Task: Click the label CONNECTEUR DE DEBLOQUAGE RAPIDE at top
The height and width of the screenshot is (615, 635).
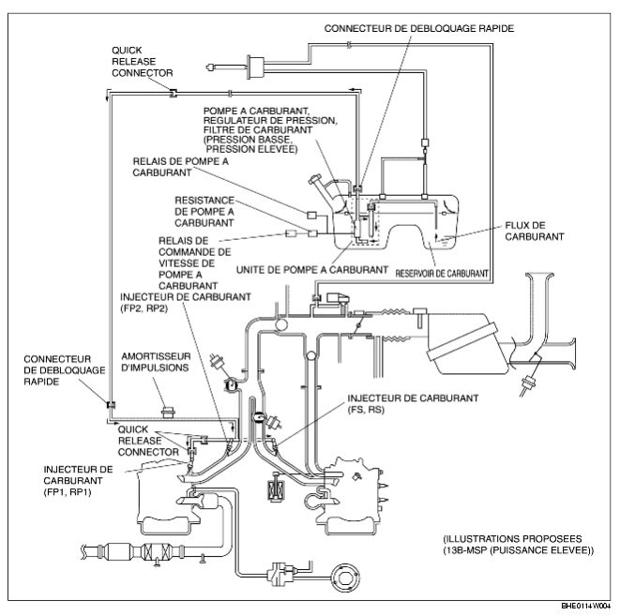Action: [x=419, y=29]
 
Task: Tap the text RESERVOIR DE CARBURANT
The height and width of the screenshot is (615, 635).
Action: [x=442, y=274]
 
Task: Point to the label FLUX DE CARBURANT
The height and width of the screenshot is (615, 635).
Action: [x=534, y=232]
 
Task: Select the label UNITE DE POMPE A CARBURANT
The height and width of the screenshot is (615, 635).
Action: [x=311, y=270]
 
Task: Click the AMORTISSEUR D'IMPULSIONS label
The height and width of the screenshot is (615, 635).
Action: [x=156, y=362]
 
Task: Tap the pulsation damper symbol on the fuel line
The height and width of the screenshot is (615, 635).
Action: [x=168, y=412]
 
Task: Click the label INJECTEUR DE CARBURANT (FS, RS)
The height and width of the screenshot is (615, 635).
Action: [x=413, y=404]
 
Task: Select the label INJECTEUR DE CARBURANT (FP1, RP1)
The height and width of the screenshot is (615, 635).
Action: [x=78, y=481]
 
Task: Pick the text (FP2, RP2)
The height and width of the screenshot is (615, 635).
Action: [x=144, y=308]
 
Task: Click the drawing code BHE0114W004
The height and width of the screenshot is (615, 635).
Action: [x=585, y=606]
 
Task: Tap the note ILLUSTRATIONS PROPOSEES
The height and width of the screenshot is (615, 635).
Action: [x=512, y=539]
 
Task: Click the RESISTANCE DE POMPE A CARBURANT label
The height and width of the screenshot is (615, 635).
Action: [x=204, y=212]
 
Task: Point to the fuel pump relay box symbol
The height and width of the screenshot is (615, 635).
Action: [x=311, y=215]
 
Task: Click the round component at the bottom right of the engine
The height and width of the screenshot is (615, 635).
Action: [x=345, y=577]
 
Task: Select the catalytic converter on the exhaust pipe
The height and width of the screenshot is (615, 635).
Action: [x=158, y=551]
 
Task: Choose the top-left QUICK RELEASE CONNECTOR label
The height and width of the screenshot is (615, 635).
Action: [x=143, y=62]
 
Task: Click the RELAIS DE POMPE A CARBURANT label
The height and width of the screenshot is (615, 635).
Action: [x=181, y=167]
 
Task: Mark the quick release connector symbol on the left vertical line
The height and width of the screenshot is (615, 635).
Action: [x=111, y=405]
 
